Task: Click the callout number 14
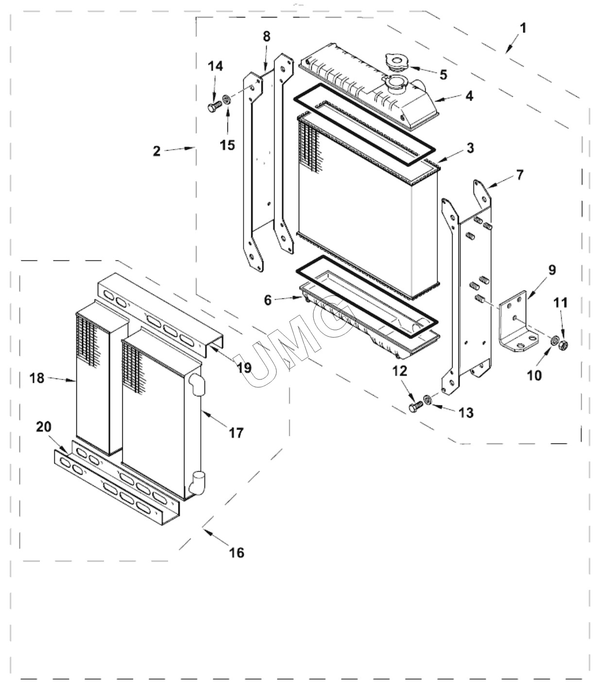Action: click(216, 67)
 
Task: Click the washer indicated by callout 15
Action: click(226, 101)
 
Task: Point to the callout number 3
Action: click(470, 148)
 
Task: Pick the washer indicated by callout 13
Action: click(428, 400)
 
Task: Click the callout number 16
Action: click(237, 552)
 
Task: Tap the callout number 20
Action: click(44, 427)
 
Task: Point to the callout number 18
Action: click(37, 378)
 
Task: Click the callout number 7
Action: click(519, 174)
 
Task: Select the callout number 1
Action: click(523, 28)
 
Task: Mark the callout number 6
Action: click(268, 300)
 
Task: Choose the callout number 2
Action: click(156, 151)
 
